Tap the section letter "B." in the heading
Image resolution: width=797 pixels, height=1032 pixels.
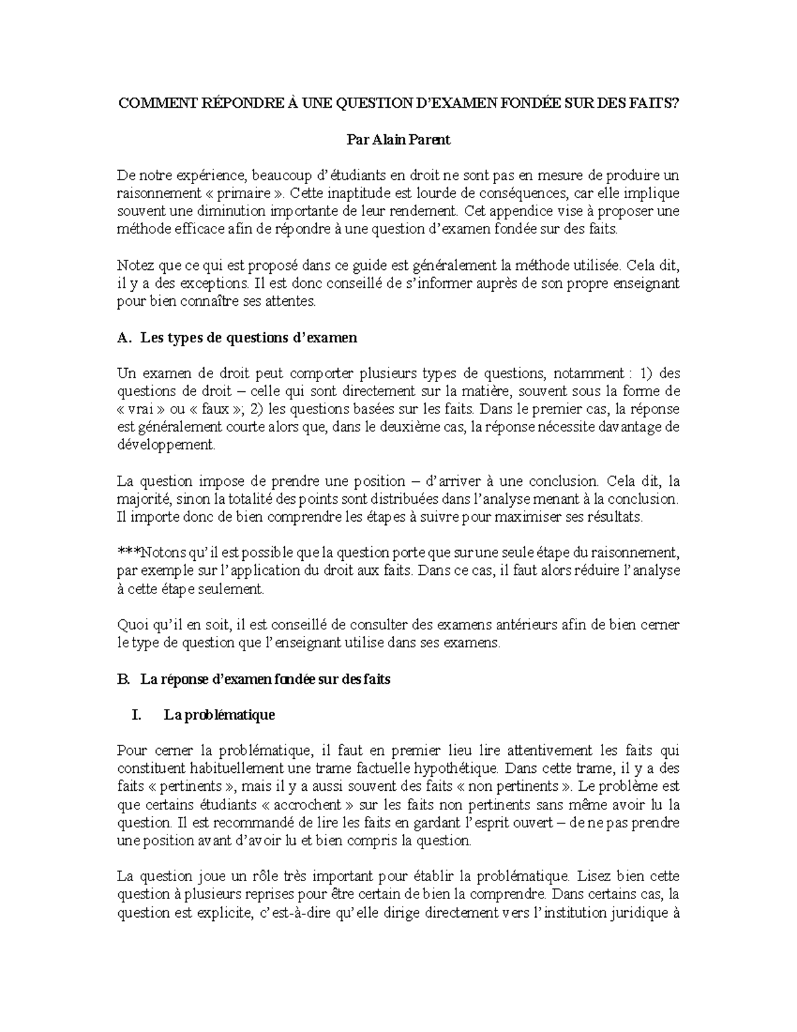(x=122, y=680)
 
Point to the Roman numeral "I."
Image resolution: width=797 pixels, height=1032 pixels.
(x=137, y=715)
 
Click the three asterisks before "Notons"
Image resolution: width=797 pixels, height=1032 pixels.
(x=128, y=552)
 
